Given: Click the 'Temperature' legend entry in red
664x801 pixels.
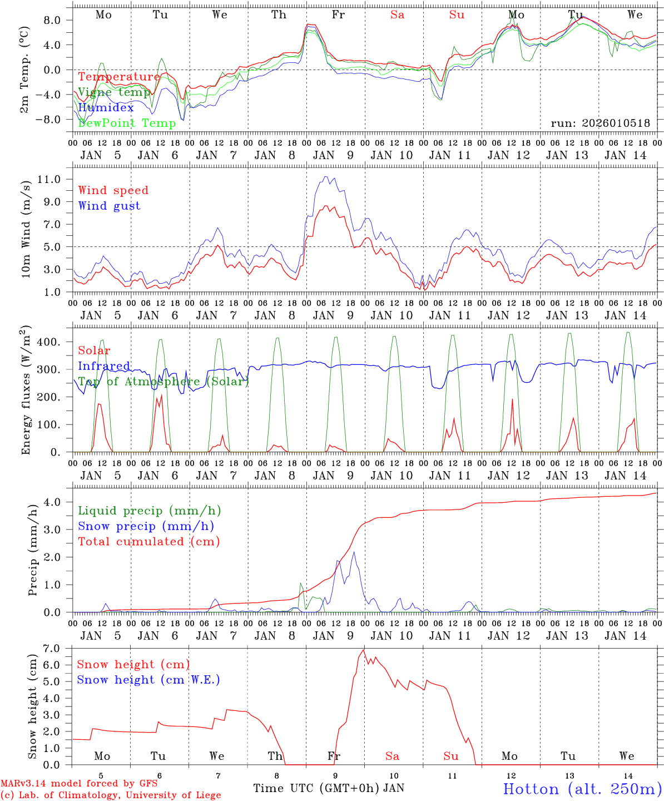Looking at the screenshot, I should point(118,77).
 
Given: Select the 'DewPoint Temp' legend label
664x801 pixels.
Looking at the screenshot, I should point(127,123).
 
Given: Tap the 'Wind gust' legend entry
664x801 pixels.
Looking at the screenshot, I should point(109,206).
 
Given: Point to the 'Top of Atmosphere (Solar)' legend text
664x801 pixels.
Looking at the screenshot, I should point(163,382).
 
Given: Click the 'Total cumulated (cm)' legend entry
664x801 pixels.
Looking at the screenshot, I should point(148,541).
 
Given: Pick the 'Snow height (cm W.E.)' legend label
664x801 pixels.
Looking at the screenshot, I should point(148,680).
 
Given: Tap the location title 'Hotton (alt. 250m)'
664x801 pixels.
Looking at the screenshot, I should point(582,789).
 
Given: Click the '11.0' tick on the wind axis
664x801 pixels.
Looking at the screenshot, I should point(49,179).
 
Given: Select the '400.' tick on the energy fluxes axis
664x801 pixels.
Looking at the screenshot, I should point(48,342).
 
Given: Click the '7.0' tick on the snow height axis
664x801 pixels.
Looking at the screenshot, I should point(52,649).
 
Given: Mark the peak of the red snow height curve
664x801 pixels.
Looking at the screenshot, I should point(364,650).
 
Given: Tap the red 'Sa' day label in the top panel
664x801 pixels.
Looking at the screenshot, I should point(397,15).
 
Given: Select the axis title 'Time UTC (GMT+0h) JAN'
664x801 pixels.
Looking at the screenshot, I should point(328,788).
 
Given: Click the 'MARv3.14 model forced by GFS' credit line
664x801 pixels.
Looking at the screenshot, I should point(79,784).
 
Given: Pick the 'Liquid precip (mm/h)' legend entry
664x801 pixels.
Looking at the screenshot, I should point(149,511).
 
